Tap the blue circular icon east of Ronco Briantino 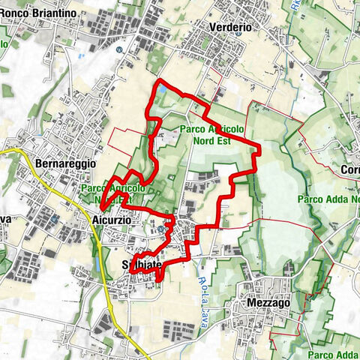tap(118, 49)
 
